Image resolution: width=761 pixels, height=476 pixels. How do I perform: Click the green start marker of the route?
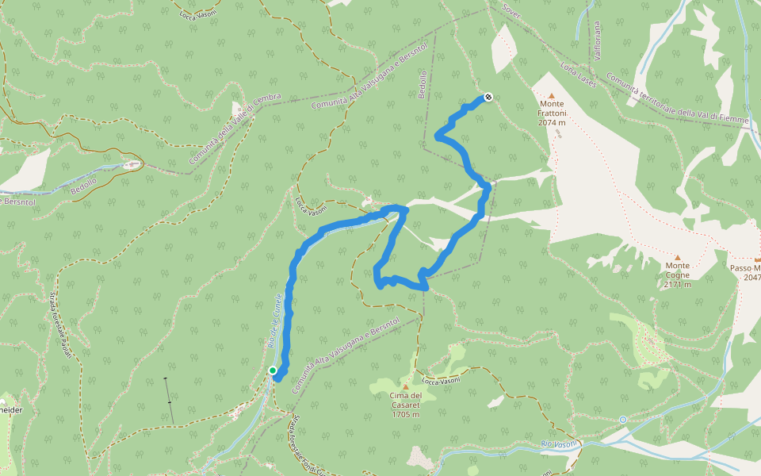click(x=273, y=370)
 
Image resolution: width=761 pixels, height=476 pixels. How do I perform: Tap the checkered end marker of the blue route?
click(x=488, y=98)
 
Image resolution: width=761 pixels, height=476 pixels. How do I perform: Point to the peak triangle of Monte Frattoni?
click(x=552, y=94)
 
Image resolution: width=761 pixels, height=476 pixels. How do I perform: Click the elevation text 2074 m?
click(x=552, y=123)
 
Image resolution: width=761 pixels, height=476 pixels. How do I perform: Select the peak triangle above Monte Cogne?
click(x=678, y=257)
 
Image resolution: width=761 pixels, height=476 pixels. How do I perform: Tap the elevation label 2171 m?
click(x=678, y=285)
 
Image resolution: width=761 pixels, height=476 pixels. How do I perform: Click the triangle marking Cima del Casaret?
click(x=405, y=386)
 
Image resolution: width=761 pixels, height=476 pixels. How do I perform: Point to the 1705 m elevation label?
click(x=405, y=414)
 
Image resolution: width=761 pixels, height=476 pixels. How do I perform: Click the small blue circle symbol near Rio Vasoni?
click(x=623, y=419)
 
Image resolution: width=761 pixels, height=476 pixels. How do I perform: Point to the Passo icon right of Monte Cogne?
click(x=758, y=259)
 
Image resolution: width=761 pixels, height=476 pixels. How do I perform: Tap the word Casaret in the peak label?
click(x=405, y=405)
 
